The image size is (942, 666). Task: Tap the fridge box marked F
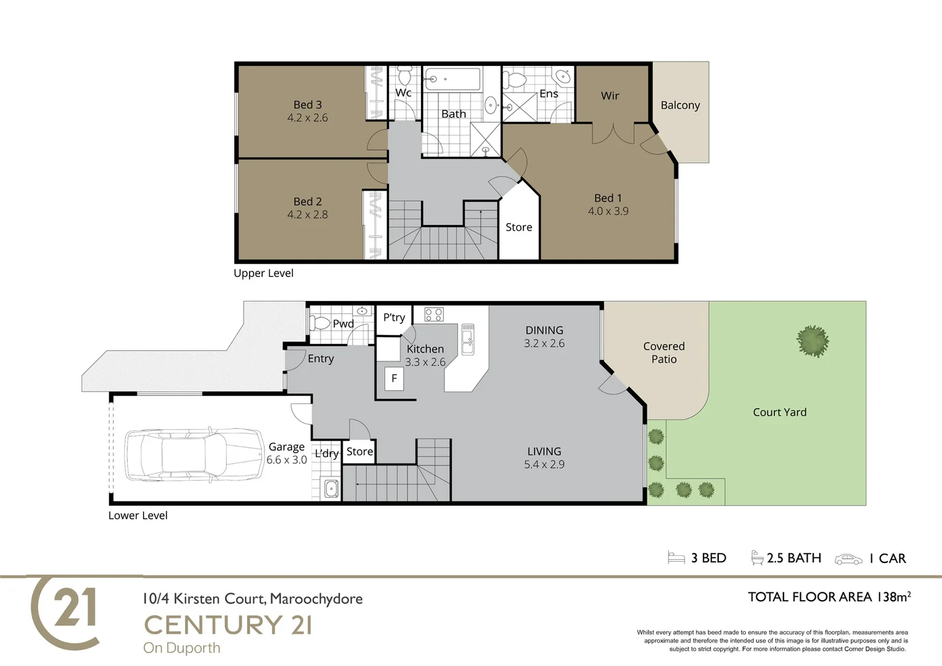tap(394, 379)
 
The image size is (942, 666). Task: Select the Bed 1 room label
tap(608, 198)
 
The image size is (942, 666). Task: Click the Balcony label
tap(680, 105)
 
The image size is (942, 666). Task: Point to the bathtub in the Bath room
tap(453, 80)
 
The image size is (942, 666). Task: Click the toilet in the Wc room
tap(404, 75)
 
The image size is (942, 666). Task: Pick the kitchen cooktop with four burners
tap(434, 314)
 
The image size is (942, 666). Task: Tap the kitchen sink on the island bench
tap(468, 339)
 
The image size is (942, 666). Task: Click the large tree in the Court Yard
tap(813, 341)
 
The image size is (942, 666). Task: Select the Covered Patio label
tap(664, 353)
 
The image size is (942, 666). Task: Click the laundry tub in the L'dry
tap(331, 489)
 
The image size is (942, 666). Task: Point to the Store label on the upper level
tap(518, 228)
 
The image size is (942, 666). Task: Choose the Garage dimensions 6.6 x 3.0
tap(287, 460)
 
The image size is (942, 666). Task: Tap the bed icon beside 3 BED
tap(676, 558)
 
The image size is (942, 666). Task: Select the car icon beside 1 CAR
tap(848, 559)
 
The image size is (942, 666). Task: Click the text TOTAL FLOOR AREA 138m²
tap(829, 597)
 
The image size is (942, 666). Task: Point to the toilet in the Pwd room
tap(320, 323)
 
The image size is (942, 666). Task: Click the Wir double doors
tap(613, 133)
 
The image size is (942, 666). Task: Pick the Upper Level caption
tap(263, 273)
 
